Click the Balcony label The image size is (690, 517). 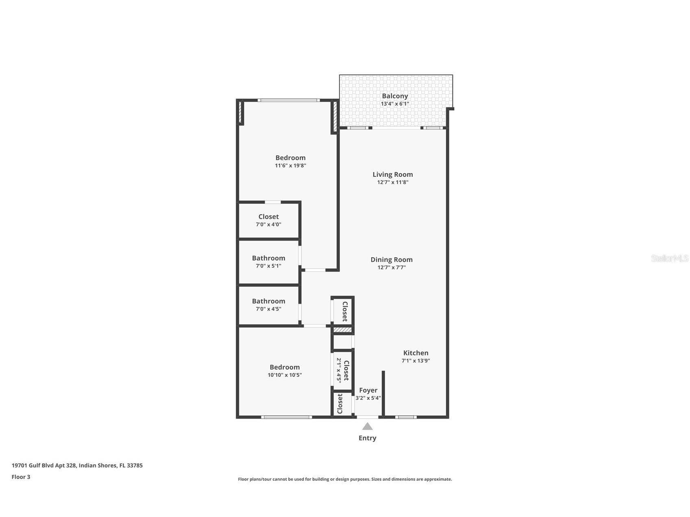point(394,96)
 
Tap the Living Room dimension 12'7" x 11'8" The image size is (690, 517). point(392,182)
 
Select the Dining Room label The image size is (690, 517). point(391,260)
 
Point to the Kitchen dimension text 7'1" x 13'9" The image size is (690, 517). point(416,361)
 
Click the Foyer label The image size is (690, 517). point(368,390)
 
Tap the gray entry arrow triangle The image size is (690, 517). point(367,426)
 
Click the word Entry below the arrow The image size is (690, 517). point(367,438)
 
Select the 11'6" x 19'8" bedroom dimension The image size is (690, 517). point(290,166)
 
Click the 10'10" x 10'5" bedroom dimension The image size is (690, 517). point(285,375)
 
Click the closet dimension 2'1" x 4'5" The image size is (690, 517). point(338,370)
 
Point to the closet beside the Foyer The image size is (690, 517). point(340,404)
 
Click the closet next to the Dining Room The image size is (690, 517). point(344,311)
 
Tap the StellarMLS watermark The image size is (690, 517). point(669,258)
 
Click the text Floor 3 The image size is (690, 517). point(21,477)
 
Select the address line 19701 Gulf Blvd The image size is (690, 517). point(77,466)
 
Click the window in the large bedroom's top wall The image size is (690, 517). point(289,100)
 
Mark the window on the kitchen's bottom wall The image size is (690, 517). point(406,417)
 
